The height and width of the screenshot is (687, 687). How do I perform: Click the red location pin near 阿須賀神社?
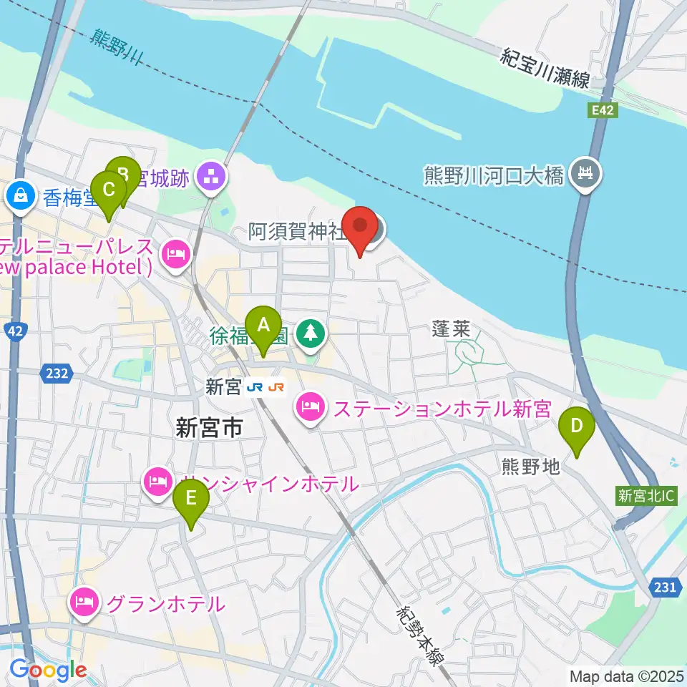click(x=361, y=229)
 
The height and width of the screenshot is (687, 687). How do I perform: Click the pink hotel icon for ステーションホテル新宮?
click(x=309, y=409)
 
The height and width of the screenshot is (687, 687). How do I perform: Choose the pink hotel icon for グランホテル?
click(x=84, y=603)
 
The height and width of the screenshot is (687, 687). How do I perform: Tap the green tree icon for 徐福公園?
click(x=310, y=332)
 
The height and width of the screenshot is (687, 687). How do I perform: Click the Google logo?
click(x=49, y=670)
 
